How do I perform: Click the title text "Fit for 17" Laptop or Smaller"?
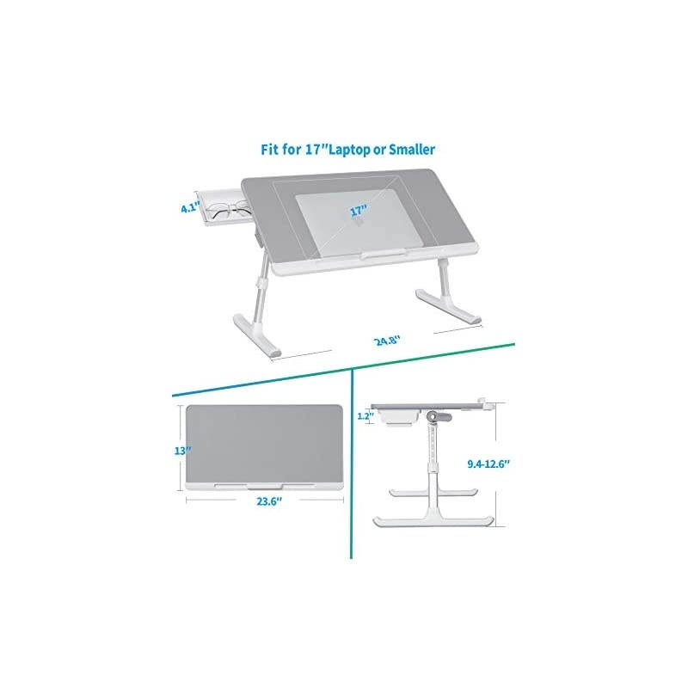click(x=348, y=149)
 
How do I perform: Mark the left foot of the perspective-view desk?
click(x=258, y=340)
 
